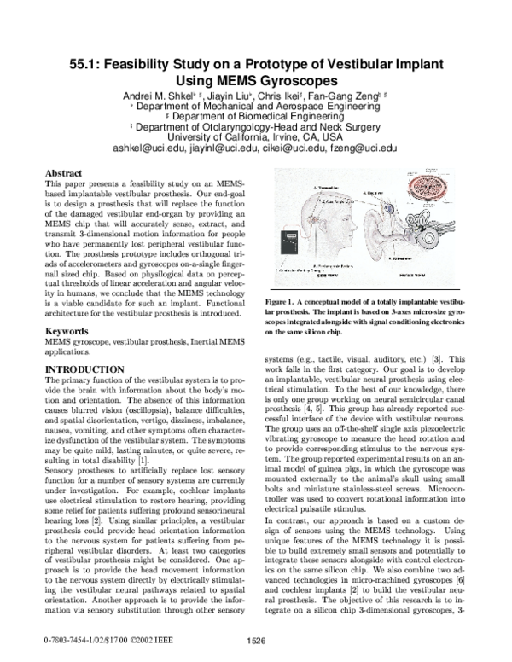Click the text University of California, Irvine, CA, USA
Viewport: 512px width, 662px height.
[x=254, y=135]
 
